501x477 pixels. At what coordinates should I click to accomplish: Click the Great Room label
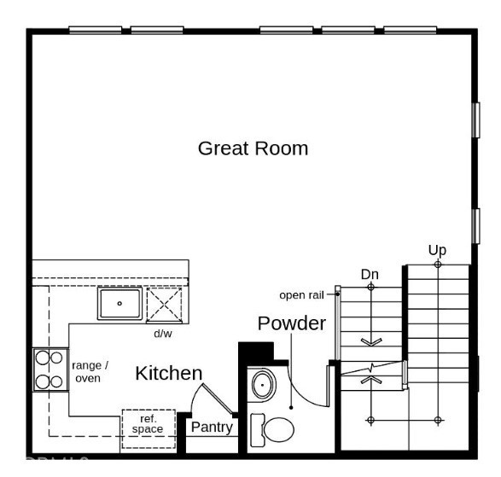point(253,148)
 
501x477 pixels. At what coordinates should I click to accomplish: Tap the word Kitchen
point(169,373)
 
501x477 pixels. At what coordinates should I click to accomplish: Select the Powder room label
point(292,323)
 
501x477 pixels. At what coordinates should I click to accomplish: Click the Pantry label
point(211,427)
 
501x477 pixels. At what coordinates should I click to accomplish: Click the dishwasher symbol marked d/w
point(166,304)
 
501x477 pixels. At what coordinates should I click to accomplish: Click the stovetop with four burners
point(50,369)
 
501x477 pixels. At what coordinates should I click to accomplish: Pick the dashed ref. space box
point(148,424)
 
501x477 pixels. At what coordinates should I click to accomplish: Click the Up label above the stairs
point(437,250)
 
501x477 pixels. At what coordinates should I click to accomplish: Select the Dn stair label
point(370,274)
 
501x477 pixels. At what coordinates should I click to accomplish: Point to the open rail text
point(305,295)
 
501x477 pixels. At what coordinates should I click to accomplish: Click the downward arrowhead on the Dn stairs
point(370,342)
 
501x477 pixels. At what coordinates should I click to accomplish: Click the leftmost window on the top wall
point(95,30)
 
